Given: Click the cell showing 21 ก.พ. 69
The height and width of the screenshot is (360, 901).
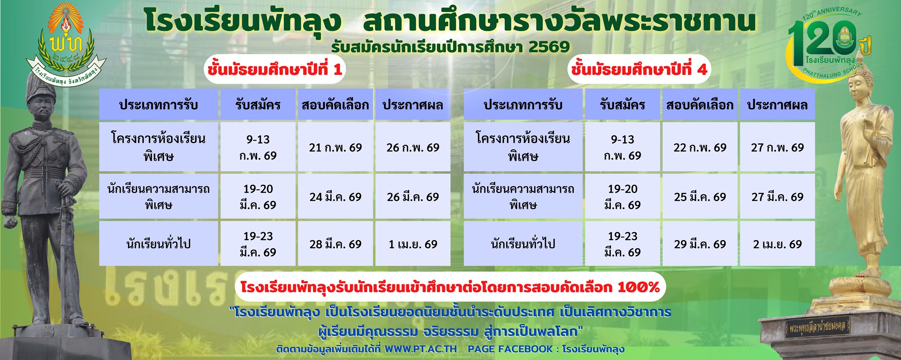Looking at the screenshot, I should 335,147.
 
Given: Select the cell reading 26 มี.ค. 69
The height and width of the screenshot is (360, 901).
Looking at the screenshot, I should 413,197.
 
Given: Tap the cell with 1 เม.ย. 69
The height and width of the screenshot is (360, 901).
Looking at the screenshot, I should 413,244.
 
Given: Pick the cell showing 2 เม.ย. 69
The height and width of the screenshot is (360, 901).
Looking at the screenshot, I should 777,244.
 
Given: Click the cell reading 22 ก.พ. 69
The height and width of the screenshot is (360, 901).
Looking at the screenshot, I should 700,147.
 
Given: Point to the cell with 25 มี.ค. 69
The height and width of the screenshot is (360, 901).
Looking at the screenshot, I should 700,197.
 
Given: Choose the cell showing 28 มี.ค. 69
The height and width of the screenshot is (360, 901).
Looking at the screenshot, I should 335,244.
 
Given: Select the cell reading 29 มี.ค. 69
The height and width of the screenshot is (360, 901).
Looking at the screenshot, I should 700,244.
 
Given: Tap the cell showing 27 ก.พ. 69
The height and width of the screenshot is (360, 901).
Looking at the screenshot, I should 777,147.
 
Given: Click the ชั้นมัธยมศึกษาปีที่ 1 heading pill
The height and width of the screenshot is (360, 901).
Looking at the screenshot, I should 274,70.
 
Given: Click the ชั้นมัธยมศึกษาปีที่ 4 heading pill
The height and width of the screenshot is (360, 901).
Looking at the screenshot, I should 639,70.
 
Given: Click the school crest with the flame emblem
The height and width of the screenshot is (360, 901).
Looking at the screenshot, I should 66,42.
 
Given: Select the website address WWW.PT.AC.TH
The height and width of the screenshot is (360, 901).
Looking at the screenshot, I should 420,349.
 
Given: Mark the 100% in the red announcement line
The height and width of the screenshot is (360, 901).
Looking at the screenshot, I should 638,287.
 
